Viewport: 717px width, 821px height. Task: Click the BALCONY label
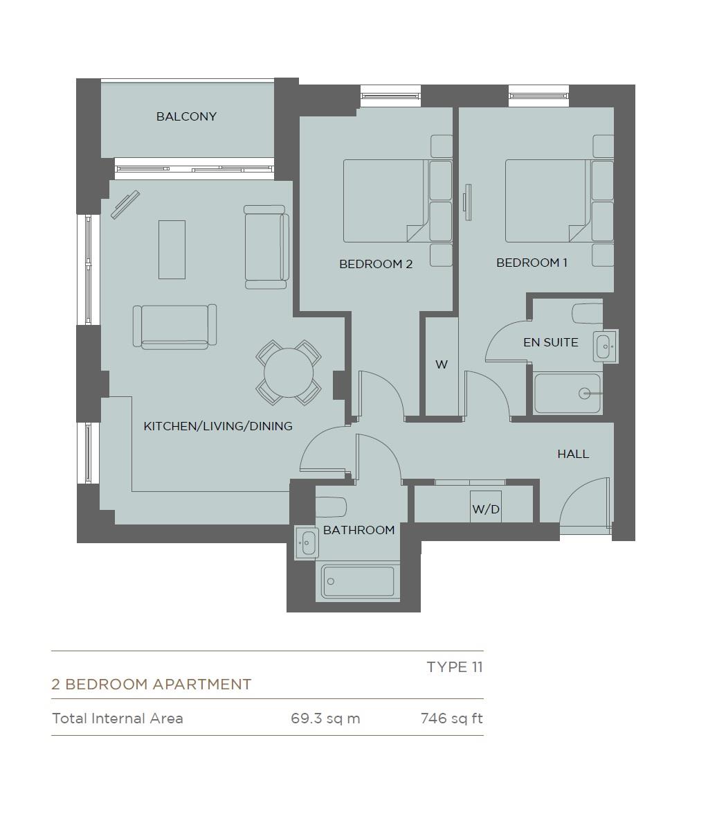coord(186,116)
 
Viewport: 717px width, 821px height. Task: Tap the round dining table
coord(288,373)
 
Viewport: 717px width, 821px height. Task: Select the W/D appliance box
coord(485,506)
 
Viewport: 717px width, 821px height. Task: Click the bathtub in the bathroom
coord(358,581)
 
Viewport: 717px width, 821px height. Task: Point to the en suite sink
coord(605,346)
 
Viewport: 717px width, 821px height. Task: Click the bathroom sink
coord(307,542)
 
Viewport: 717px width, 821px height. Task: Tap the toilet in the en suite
coord(588,313)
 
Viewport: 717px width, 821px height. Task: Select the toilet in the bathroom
coord(331,507)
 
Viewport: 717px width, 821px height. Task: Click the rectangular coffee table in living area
coord(172,249)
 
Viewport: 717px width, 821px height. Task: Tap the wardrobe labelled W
coord(442,367)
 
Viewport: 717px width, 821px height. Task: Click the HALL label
coord(572,454)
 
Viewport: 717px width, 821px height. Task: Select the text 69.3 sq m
coord(325,718)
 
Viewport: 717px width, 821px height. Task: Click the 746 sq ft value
coord(452,718)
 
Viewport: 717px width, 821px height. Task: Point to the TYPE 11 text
coord(455,667)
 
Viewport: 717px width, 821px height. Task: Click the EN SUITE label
coord(551,342)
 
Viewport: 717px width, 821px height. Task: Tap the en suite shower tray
coord(568,394)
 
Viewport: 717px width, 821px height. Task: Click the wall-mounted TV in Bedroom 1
coord(468,202)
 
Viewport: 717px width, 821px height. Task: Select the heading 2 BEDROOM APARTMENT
coord(152,685)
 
